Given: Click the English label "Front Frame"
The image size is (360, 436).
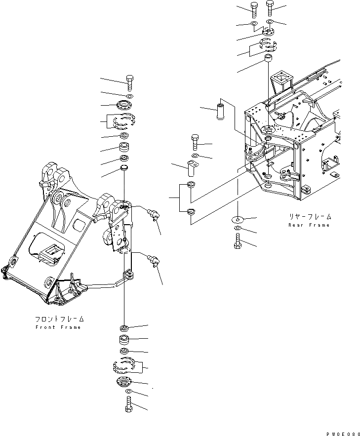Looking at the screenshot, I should (x=58, y=327).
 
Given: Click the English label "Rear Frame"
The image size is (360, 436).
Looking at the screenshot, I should (x=309, y=225).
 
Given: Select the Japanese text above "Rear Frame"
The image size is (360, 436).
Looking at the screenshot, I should (x=310, y=217).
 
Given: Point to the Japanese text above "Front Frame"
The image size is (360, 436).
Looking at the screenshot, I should (x=59, y=319).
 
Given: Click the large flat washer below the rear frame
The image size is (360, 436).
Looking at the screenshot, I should (x=238, y=218).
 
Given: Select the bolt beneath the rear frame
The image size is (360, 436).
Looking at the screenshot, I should (x=238, y=242).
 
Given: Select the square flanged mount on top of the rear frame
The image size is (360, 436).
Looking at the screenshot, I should (x=281, y=79).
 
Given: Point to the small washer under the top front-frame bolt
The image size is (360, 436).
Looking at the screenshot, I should (x=129, y=95).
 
